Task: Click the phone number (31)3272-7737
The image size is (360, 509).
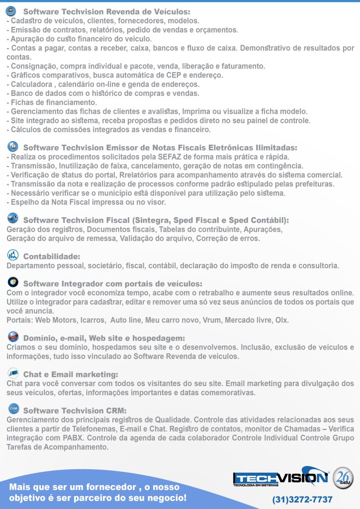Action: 302,499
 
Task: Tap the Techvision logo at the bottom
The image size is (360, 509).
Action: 281,478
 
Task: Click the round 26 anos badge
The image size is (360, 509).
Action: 343,478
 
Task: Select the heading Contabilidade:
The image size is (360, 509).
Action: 52,256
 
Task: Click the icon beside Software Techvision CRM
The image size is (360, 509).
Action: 13,409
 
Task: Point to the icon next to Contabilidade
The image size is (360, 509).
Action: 13,255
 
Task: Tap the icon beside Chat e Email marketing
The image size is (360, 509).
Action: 13,373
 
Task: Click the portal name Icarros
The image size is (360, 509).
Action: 92,320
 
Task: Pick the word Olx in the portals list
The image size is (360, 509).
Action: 281,320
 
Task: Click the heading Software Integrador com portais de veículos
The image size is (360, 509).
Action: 112,284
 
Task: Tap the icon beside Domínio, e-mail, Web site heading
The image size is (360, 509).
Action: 13,337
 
